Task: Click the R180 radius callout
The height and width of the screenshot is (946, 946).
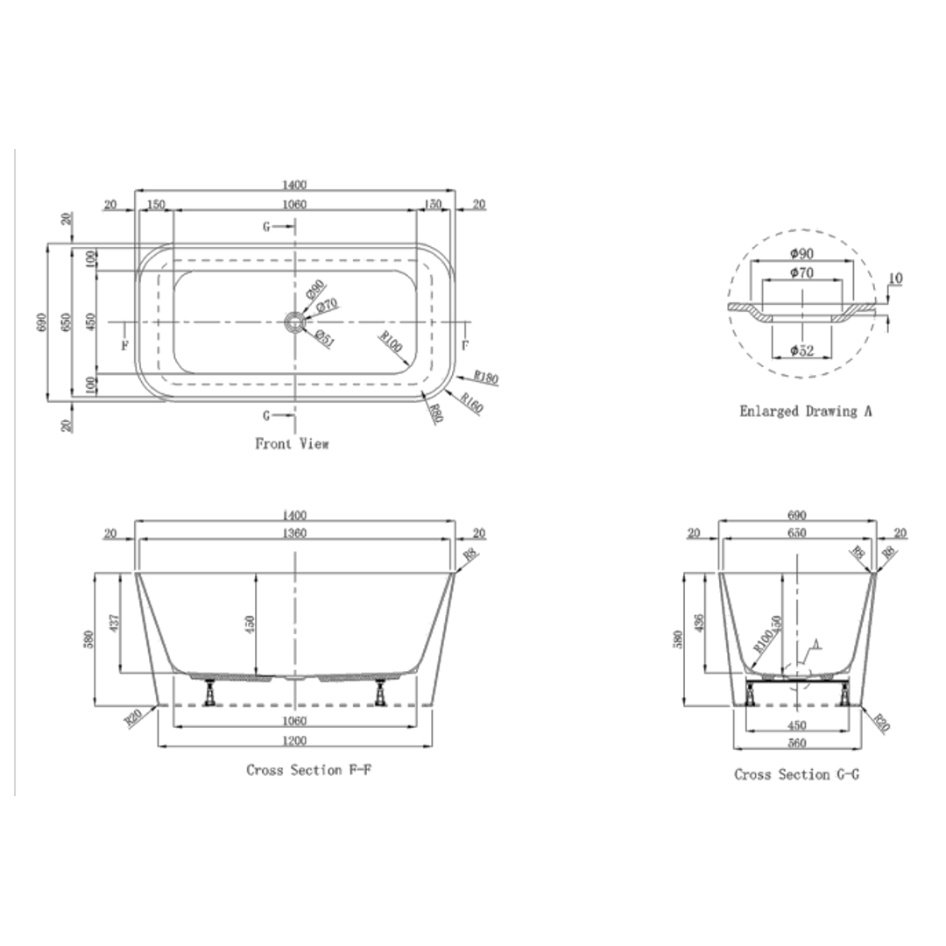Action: (486, 378)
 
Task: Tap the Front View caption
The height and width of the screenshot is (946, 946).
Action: (292, 444)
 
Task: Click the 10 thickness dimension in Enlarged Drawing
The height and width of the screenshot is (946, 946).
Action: (894, 279)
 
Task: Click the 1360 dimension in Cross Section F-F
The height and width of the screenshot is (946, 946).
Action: (295, 533)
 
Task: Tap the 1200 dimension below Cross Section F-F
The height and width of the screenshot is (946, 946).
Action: (294, 741)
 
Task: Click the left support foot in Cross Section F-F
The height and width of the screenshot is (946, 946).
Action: (210, 693)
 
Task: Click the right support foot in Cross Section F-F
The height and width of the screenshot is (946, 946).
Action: (381, 693)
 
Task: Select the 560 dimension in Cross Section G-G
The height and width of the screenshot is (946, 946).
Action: (796, 744)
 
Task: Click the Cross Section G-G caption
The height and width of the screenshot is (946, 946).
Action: (796, 774)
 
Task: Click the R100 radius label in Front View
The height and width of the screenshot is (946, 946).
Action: (391, 342)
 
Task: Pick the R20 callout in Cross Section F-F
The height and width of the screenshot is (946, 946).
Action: (133, 718)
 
